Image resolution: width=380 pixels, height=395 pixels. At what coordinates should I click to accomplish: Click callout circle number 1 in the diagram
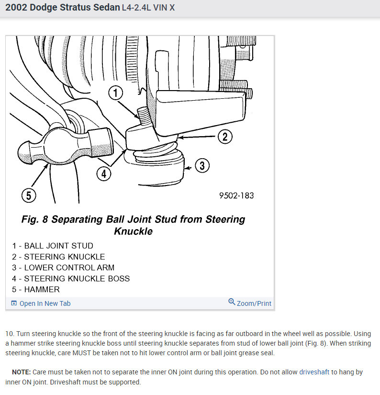coord(115,93)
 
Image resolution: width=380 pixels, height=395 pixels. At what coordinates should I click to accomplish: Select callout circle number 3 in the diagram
coord(202,166)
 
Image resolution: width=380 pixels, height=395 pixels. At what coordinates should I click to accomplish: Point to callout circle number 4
coord(104,173)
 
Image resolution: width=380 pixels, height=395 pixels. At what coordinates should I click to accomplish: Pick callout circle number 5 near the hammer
coord(29,195)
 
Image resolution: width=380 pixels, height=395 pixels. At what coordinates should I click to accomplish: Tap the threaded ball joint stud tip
coord(142,114)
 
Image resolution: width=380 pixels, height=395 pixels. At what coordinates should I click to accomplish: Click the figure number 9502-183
coord(236,196)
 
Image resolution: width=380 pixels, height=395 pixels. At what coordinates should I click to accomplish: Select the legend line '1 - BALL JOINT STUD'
coord(53,246)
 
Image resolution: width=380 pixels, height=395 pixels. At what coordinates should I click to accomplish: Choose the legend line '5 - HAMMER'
coord(36,290)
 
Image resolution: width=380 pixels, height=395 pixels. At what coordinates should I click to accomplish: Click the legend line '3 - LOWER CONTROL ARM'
coord(63,267)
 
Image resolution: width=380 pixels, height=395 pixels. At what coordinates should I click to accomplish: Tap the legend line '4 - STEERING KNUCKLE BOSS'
coord(71,279)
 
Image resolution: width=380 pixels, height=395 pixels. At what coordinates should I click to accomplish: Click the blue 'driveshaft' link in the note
coord(314,372)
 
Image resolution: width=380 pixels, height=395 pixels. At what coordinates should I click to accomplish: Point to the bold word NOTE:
coord(21,372)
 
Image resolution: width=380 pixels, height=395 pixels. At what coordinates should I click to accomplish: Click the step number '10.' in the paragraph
coord(10,334)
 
